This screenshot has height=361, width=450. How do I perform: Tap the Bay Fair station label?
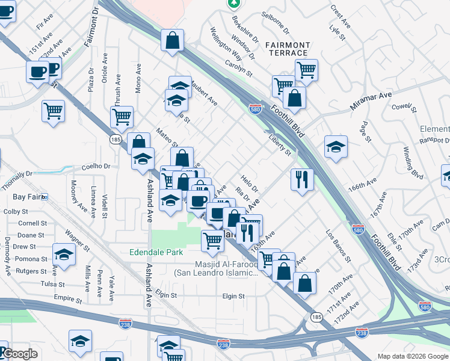click(x=26, y=197)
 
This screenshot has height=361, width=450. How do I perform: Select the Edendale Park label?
click(x=156, y=252)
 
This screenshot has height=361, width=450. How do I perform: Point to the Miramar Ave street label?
click(x=371, y=100)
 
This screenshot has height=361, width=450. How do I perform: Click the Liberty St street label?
click(x=279, y=145)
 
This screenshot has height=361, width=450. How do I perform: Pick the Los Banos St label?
click(x=338, y=245)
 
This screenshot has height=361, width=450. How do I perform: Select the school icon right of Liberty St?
click(x=336, y=147)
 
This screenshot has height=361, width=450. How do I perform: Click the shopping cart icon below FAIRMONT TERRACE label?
click(x=306, y=69)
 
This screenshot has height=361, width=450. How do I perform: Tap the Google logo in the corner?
click(x=20, y=354)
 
